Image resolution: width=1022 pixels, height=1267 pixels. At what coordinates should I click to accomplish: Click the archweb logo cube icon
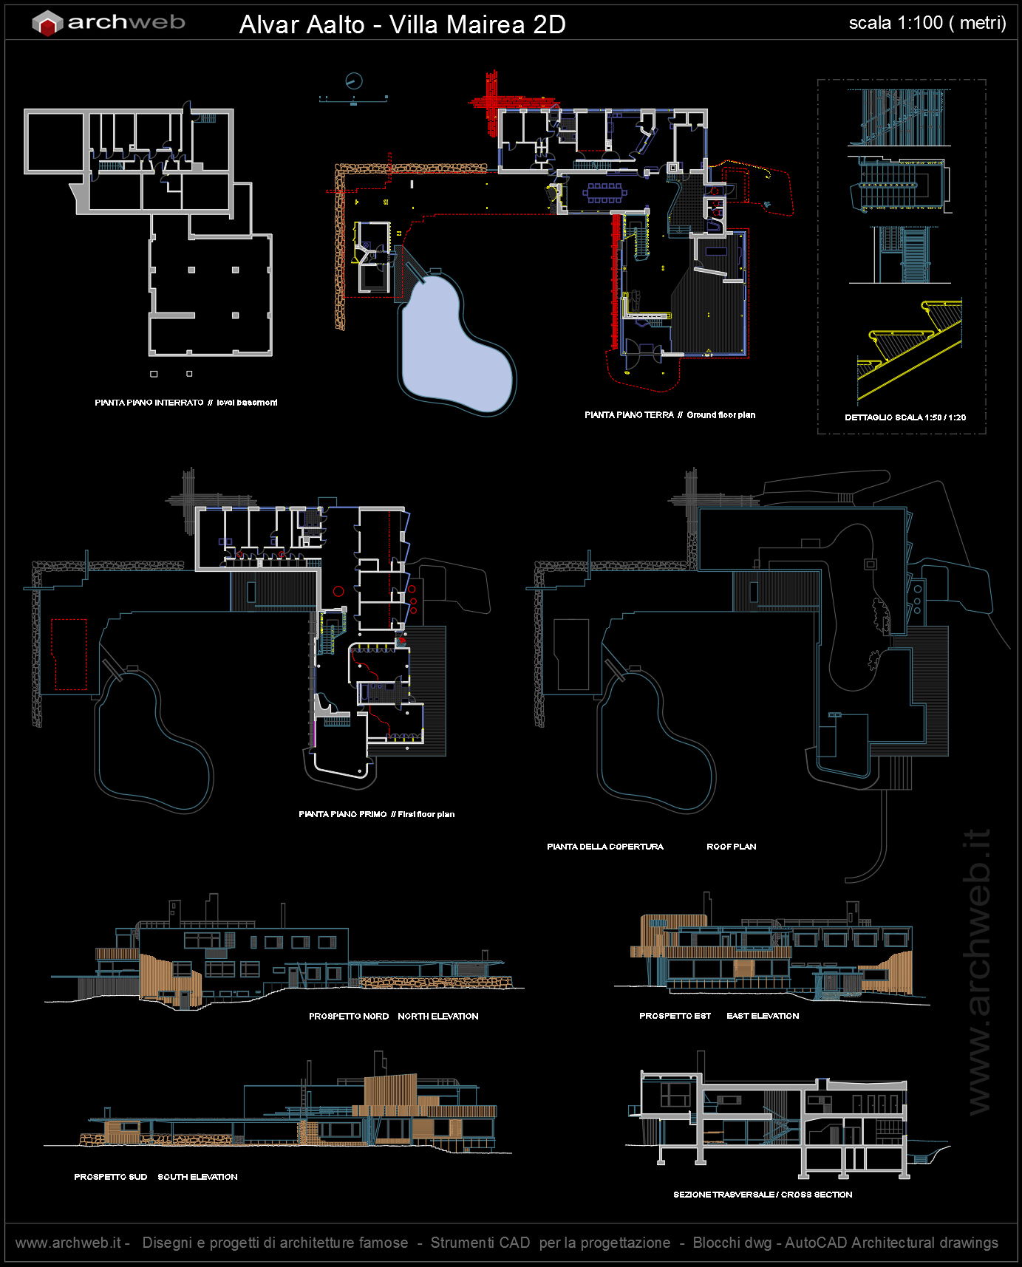[47, 24]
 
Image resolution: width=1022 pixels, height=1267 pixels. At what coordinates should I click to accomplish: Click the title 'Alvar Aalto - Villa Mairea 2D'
[402, 24]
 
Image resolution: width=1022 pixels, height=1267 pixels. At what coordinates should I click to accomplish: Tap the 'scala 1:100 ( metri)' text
[927, 23]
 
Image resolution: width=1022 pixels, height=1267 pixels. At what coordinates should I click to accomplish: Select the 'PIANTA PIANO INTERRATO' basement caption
[149, 403]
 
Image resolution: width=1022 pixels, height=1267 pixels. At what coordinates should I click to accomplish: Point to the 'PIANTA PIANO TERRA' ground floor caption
[629, 415]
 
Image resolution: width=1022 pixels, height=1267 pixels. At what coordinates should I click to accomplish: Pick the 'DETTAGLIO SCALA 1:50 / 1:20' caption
[905, 417]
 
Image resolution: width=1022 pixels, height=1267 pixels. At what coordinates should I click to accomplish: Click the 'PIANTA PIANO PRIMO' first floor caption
[342, 814]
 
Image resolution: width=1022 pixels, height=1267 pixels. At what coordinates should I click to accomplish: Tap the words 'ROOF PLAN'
[731, 847]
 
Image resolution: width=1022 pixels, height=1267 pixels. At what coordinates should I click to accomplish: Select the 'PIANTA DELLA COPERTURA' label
[605, 847]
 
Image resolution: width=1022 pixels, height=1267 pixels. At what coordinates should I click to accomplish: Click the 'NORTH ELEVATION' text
[437, 1017]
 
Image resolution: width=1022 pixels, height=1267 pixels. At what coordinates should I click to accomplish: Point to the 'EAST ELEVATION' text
[763, 1016]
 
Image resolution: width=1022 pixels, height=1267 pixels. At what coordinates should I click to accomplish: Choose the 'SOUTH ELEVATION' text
[197, 1177]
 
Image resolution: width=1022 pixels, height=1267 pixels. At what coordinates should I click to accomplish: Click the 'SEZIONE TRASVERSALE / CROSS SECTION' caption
[763, 1195]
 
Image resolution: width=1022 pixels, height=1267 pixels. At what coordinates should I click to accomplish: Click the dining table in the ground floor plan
[604, 193]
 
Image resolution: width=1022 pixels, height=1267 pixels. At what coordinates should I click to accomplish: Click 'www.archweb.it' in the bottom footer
[68, 1243]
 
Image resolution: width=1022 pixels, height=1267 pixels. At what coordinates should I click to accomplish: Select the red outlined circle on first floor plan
[338, 591]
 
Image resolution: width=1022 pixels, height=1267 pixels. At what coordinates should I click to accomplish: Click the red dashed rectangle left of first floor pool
[69, 655]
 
